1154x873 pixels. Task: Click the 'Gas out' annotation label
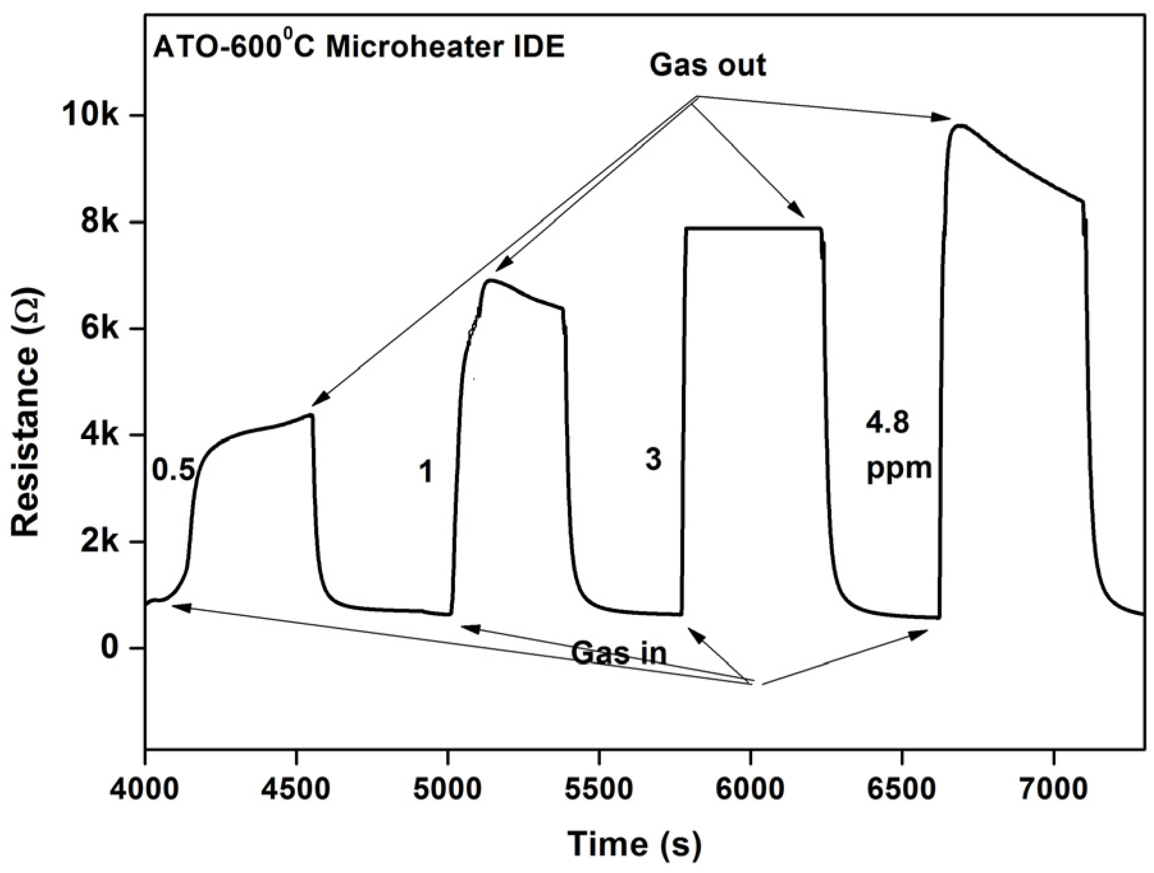click(707, 65)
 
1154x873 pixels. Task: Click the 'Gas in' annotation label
click(618, 653)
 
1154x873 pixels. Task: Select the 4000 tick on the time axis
click(146, 789)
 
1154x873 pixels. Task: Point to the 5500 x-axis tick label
click(598, 789)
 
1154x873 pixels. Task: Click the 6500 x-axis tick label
click(902, 789)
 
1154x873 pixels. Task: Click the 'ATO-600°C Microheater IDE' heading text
click(358, 48)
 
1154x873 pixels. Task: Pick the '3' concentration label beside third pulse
click(652, 460)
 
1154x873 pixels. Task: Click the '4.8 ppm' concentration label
click(898, 446)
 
